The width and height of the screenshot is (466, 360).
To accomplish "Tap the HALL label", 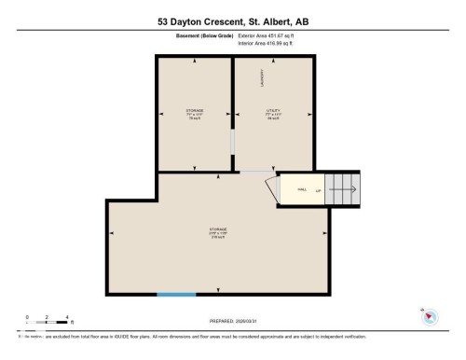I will [301, 189].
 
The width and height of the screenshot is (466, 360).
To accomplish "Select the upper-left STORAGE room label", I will [195, 113].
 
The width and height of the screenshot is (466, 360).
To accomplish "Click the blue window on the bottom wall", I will [176, 294].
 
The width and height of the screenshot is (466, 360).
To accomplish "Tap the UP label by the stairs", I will [318, 189].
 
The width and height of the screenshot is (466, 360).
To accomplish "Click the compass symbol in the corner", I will [430, 316].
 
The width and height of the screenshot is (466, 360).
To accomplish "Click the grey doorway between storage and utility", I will [232, 141].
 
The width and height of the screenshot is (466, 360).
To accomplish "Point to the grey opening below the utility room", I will [254, 172].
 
